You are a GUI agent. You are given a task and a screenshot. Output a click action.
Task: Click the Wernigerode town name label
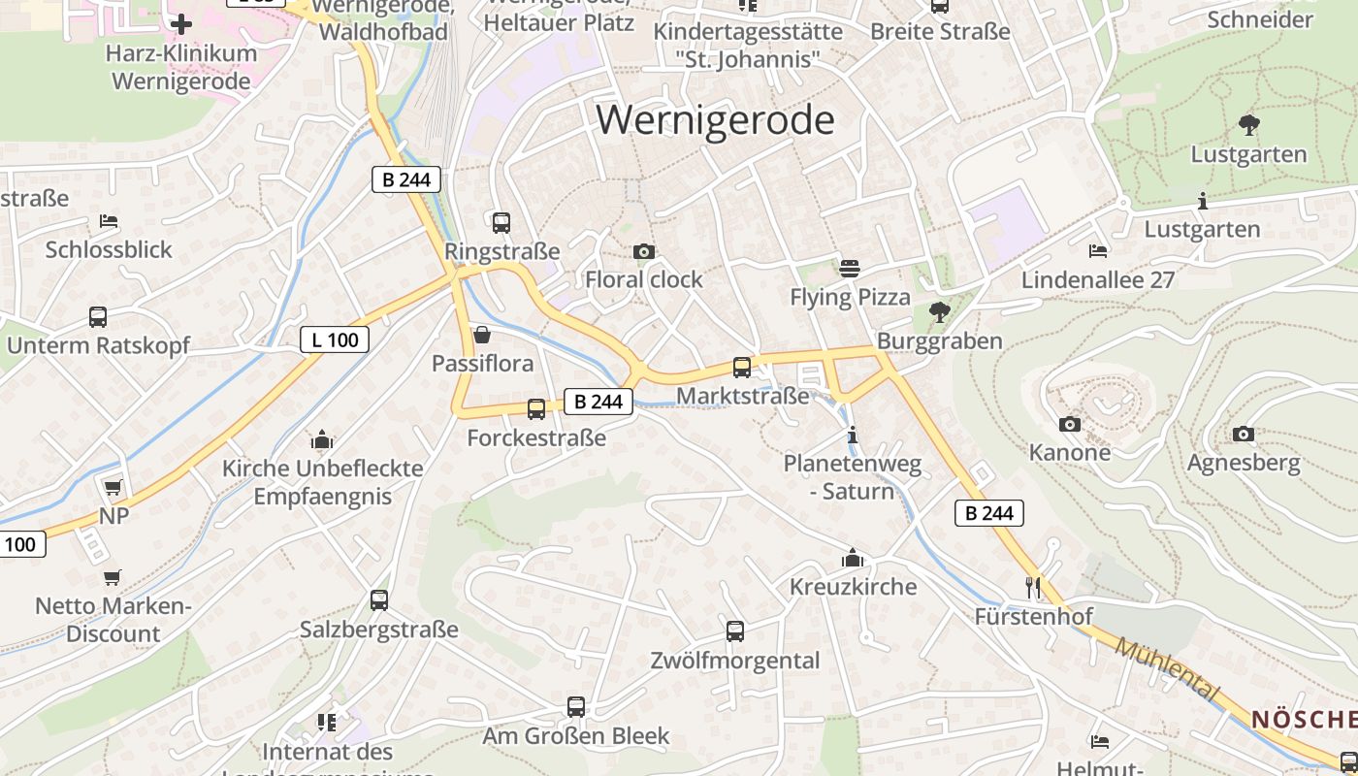point(715,119)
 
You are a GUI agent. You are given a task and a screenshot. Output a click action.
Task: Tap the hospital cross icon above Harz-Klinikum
point(181,24)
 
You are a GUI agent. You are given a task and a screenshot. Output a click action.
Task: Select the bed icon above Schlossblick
point(109,221)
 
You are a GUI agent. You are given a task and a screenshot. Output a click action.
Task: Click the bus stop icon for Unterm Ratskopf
point(98,316)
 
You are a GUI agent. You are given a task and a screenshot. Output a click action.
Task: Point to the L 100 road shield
point(335,339)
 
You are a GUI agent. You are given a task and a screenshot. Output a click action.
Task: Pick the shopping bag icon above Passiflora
point(482,336)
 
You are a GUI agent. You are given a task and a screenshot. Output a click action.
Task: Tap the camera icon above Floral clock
point(643,252)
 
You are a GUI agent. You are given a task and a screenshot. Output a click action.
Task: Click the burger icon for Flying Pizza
point(850,269)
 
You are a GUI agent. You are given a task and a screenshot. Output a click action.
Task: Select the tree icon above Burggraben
point(939,312)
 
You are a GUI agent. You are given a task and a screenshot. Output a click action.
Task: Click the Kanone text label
point(1070,452)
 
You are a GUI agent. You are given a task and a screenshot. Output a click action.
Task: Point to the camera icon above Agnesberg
point(1244,434)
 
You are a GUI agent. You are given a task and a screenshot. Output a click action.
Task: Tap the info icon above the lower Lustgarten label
point(1203,202)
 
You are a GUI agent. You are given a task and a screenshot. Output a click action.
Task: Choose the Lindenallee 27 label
point(1098,280)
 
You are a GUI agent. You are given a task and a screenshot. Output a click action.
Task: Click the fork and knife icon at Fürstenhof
point(1033,588)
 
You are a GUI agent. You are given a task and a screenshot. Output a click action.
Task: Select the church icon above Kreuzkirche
point(853,558)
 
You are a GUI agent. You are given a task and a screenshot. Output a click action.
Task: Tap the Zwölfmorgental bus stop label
point(736,661)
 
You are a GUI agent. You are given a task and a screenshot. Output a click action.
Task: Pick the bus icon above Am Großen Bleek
point(576,707)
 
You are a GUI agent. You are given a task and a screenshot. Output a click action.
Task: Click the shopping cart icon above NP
point(113,487)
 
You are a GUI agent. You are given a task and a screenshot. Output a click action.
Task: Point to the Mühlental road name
point(1166,669)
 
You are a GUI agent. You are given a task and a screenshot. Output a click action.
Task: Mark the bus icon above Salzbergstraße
point(379,600)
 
